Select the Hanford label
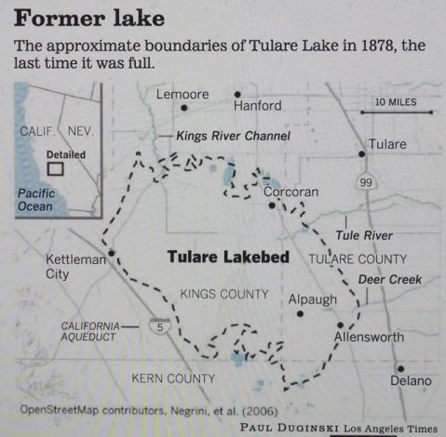(257, 106)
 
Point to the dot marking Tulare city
(361, 154)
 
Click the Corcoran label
(291, 192)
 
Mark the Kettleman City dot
(111, 252)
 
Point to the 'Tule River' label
(364, 235)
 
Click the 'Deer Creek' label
(390, 279)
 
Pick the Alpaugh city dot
(300, 313)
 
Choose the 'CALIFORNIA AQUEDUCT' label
(91, 331)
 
